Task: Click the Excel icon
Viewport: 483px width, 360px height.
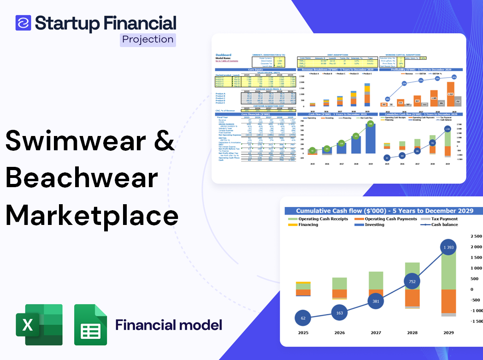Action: click(39, 325)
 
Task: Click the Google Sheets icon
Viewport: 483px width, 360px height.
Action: click(91, 325)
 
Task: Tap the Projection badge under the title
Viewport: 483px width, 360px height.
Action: click(148, 39)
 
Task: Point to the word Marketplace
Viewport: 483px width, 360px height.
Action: click(92, 215)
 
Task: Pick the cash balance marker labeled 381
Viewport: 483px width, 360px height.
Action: click(376, 301)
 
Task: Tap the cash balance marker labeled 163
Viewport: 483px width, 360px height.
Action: click(340, 313)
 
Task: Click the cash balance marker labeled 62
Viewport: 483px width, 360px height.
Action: click(303, 318)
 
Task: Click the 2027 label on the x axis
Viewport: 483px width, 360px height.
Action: click(376, 332)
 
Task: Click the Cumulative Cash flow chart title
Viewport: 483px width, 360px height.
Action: click(384, 211)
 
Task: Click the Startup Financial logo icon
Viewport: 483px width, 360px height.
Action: click(24, 23)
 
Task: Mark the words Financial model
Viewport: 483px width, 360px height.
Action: click(169, 325)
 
